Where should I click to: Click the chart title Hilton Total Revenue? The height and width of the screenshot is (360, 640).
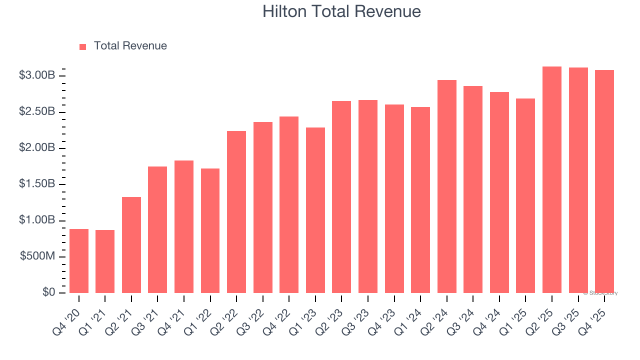[x=341, y=11]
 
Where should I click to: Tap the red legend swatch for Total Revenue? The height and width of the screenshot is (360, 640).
[x=83, y=46]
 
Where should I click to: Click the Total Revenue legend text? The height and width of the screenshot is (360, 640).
[x=130, y=46]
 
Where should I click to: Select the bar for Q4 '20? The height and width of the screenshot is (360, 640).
[x=79, y=261]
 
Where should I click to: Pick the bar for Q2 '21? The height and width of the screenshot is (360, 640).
[x=131, y=245]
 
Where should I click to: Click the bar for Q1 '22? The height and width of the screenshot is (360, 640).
[x=210, y=230]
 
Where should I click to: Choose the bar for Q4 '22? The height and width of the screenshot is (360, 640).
[x=289, y=204]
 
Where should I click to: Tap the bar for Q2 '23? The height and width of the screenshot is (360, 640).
[x=341, y=197]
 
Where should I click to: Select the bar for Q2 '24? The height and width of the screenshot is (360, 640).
[x=446, y=186]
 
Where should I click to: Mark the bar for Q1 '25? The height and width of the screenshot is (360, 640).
[x=525, y=195]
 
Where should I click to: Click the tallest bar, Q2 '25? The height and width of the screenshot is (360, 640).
[x=552, y=179]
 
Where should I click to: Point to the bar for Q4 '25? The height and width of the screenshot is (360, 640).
[x=604, y=181]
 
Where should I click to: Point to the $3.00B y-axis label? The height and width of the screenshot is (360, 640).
[x=37, y=75]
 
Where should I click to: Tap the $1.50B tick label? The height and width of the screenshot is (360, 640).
[x=37, y=184]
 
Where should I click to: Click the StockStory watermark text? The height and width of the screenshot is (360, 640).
[x=600, y=293]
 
